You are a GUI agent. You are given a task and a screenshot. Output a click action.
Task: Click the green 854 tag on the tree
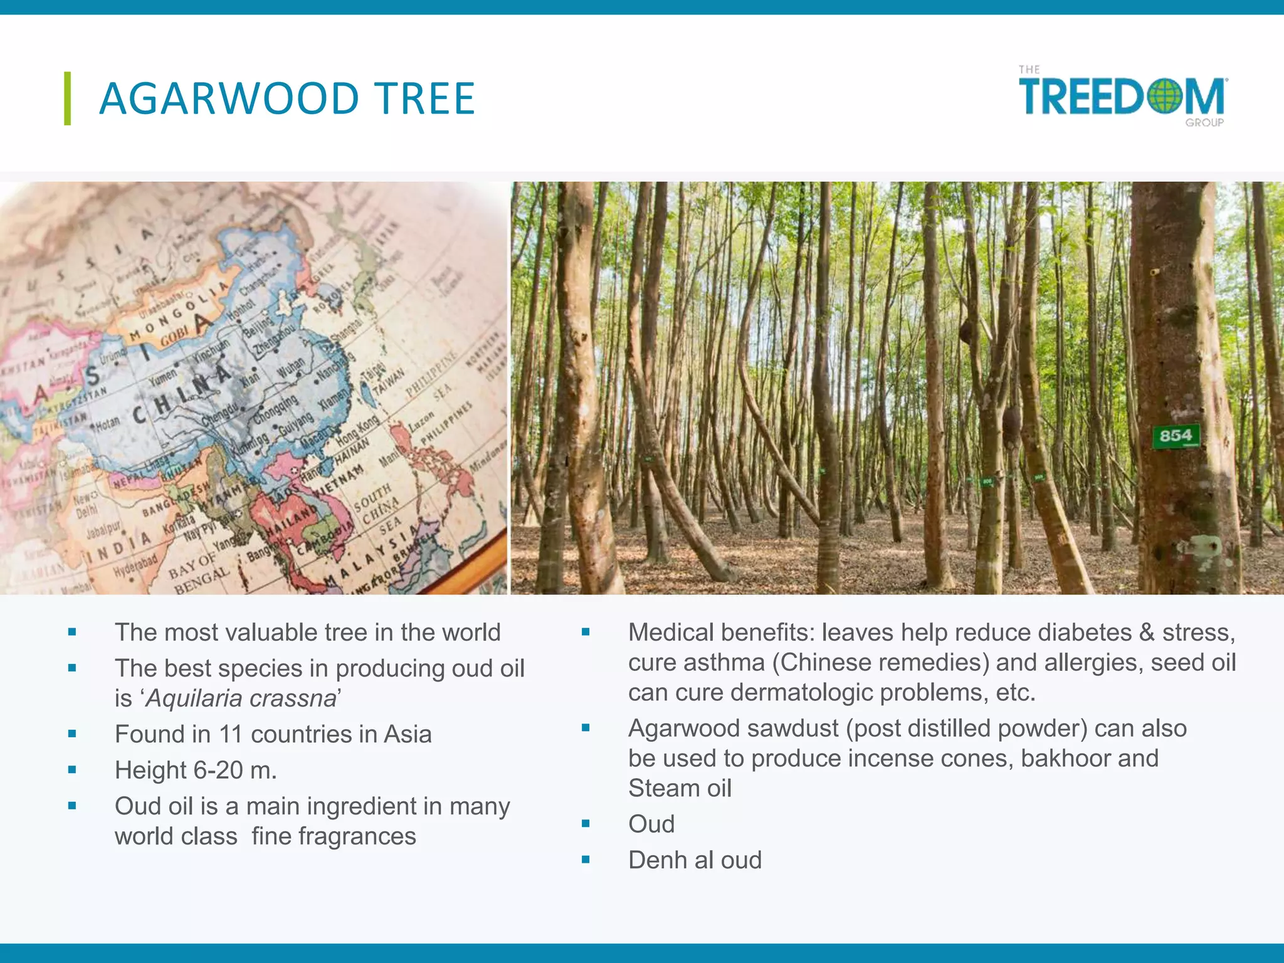tap(1176, 436)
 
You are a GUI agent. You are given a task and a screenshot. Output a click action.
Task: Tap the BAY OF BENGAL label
tap(199, 571)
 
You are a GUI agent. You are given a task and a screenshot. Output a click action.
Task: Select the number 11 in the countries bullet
tap(230, 734)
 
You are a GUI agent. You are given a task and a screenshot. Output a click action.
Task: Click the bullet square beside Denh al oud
tap(586, 860)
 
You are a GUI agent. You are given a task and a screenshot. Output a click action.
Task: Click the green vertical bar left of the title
tap(67, 98)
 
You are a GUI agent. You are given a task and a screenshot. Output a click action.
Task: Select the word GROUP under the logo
tap(1204, 123)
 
